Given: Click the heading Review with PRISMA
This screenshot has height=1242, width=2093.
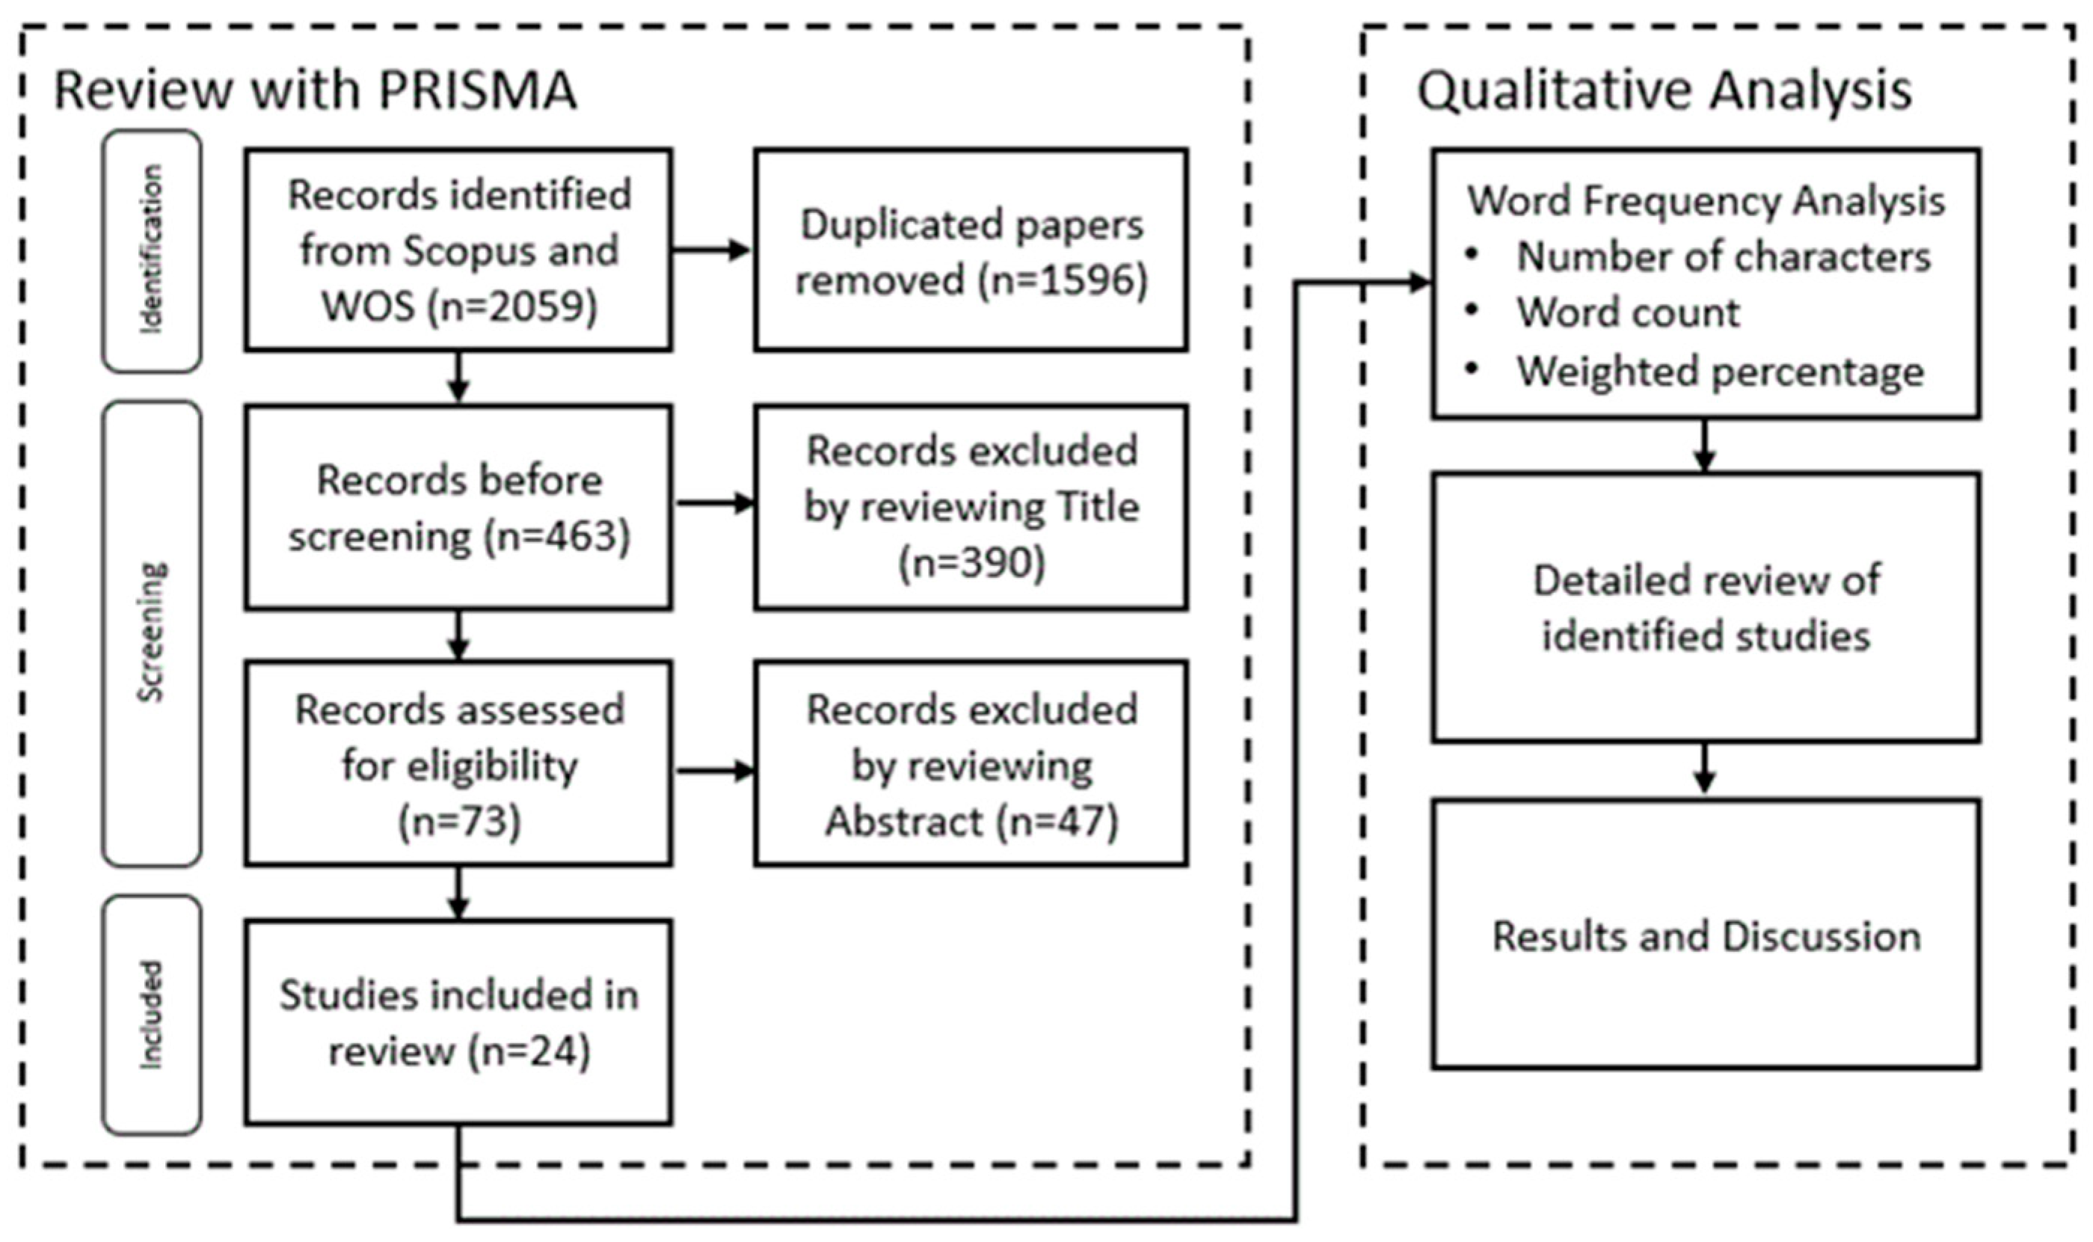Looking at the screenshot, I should (315, 90).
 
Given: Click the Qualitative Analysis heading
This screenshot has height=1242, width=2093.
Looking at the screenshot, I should (1664, 90).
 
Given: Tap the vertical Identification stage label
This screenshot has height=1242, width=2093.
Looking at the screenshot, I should (152, 250).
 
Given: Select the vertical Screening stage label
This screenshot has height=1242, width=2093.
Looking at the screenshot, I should (152, 632).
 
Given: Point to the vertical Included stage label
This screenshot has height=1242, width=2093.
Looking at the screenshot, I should (152, 1015).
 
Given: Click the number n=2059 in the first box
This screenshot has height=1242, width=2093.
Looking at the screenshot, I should (512, 307).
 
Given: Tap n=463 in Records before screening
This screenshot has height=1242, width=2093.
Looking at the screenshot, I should (556, 535).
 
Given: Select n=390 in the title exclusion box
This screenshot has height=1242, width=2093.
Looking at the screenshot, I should (971, 562).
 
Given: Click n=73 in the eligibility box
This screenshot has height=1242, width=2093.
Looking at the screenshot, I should (458, 821).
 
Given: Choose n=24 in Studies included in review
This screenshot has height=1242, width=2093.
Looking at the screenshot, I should (529, 1051).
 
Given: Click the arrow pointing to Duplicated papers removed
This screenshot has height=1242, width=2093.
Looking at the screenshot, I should (711, 250).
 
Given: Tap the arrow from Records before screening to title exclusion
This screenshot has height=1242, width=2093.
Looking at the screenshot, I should (715, 503).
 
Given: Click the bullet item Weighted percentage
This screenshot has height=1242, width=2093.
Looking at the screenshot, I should (1720, 372).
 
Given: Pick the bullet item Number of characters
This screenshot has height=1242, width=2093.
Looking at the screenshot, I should (1723, 256).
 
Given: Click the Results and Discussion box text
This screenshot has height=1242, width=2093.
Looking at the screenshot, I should (1706, 935).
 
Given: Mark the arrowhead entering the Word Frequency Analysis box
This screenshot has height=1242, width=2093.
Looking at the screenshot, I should (1420, 283).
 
